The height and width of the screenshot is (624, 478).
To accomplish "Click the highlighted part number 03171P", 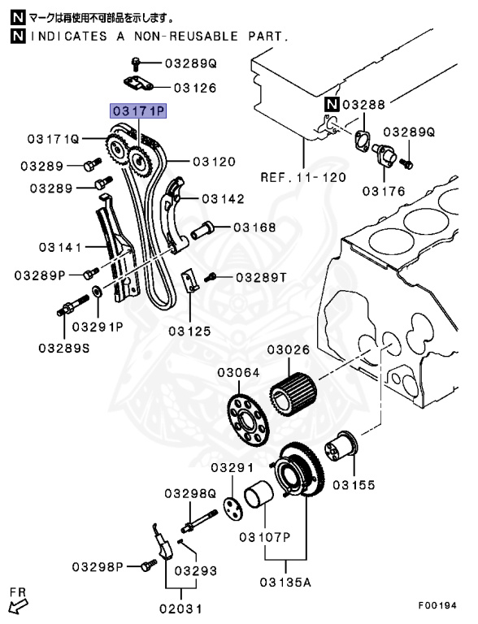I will click(x=139, y=110).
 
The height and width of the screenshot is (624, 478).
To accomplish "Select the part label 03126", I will click(x=193, y=88).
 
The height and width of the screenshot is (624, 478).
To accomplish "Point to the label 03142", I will click(x=222, y=197).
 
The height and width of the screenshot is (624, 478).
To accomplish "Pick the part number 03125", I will click(x=189, y=331).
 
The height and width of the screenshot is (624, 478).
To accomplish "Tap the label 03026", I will click(x=289, y=350).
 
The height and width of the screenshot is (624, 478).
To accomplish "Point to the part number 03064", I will click(x=238, y=373).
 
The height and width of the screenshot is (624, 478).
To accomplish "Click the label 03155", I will click(x=353, y=484).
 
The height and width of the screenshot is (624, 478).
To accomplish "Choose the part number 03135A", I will click(x=287, y=581).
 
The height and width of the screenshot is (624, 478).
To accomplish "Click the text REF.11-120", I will click(x=303, y=176).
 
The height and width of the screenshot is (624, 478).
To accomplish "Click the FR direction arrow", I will click(x=19, y=600).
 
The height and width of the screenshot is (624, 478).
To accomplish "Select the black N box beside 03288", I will click(x=332, y=104).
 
